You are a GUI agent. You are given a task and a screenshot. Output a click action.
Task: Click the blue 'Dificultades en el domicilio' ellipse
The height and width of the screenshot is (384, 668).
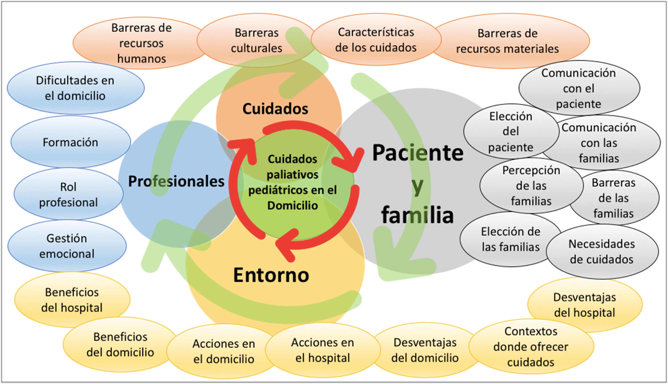[x=75, y=88]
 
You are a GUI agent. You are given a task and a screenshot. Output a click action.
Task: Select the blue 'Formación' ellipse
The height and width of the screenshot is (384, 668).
[x=70, y=142]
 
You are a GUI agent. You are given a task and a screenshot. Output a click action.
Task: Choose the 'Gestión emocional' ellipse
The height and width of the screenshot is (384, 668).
[x=67, y=246]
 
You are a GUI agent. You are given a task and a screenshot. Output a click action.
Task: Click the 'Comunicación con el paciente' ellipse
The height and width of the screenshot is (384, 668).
[x=579, y=88]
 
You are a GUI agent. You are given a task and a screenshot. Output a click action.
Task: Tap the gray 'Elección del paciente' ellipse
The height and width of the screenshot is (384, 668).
[x=510, y=132]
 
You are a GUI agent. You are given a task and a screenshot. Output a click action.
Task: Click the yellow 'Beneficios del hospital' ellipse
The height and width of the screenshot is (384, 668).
[x=72, y=300]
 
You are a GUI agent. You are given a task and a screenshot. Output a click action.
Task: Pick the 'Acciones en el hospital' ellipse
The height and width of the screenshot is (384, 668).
[x=322, y=350]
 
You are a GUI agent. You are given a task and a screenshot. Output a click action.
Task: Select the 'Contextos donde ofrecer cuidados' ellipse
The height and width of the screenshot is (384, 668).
[x=531, y=347]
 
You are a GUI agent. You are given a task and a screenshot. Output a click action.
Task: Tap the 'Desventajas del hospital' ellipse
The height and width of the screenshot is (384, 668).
[x=585, y=305]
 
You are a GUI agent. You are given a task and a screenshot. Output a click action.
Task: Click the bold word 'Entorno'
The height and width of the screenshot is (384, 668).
[x=271, y=275]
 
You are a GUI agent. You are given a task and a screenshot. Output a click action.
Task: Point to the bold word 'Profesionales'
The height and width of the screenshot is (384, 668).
[x=176, y=181]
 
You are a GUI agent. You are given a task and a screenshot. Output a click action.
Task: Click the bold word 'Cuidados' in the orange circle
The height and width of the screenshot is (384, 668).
[x=275, y=109]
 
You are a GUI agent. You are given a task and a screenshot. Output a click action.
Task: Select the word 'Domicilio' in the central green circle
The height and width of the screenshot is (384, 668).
[x=292, y=206]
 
